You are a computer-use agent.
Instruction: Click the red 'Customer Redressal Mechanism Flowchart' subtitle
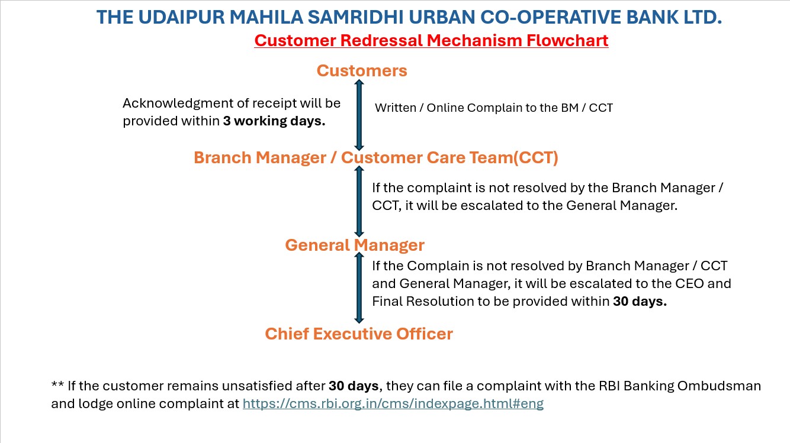click(x=431, y=40)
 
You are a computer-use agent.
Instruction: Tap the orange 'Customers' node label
click(x=362, y=71)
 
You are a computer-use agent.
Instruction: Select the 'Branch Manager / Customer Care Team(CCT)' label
click(x=376, y=158)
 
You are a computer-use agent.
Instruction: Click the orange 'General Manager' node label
click(x=355, y=245)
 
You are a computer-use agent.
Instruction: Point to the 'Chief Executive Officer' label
click(x=359, y=334)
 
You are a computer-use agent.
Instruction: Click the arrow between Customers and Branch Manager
click(x=359, y=115)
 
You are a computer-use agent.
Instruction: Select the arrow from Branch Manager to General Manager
click(x=359, y=202)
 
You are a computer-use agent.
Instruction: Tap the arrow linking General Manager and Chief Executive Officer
click(x=359, y=288)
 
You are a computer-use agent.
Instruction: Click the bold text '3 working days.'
click(x=274, y=121)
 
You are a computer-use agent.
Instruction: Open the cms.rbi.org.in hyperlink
click(x=393, y=403)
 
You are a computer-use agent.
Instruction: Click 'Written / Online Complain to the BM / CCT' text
click(x=494, y=108)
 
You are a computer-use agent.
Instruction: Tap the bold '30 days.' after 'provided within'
click(x=640, y=302)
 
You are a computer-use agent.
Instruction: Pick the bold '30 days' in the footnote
click(x=354, y=386)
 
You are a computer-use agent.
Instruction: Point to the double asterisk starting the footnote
click(x=57, y=384)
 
